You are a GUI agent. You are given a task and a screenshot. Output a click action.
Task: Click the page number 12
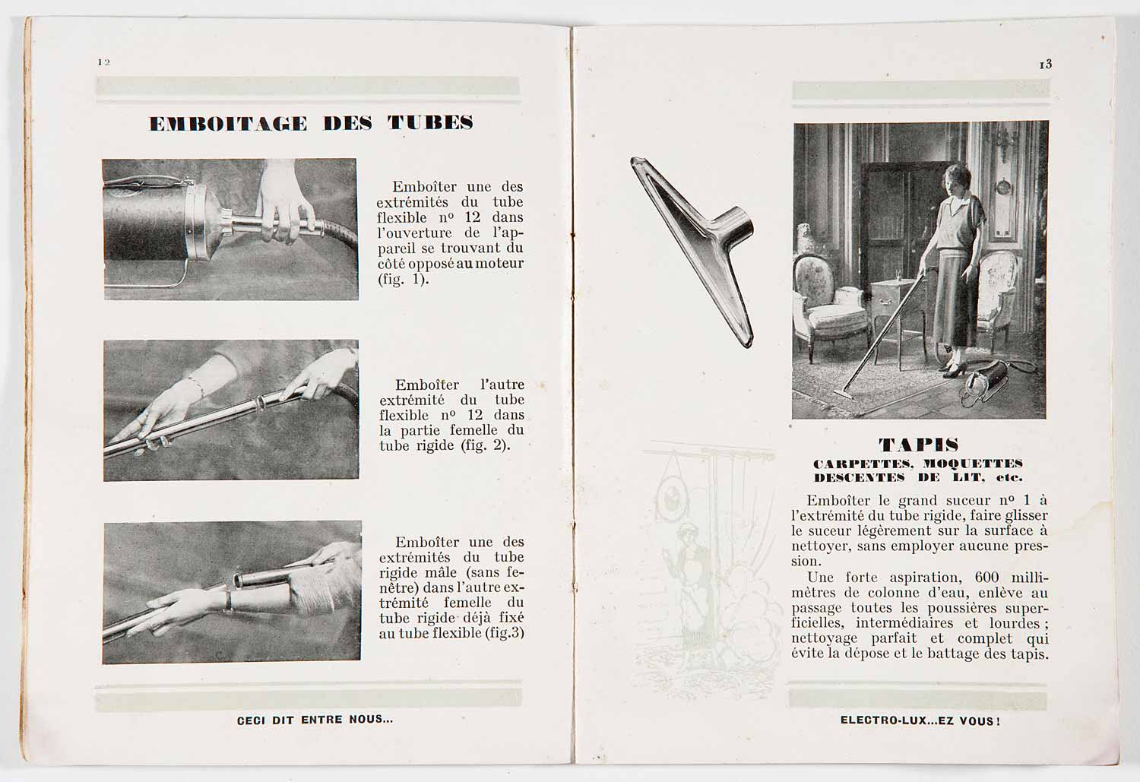[104, 62]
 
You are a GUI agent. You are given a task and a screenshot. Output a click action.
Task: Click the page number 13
[1046, 65]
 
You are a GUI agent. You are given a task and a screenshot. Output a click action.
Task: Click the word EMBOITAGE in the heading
[228, 124]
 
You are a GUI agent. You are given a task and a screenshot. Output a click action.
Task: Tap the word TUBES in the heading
[430, 123]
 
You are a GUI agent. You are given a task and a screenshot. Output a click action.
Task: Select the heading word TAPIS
[918, 445]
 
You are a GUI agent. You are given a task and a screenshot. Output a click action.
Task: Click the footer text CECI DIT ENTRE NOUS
[315, 719]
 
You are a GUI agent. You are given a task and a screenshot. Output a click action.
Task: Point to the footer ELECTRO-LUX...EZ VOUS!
[920, 720]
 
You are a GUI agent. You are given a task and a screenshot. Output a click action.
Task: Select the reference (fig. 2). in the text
[485, 445]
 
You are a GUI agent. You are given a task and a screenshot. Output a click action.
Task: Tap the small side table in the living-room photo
[895, 300]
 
